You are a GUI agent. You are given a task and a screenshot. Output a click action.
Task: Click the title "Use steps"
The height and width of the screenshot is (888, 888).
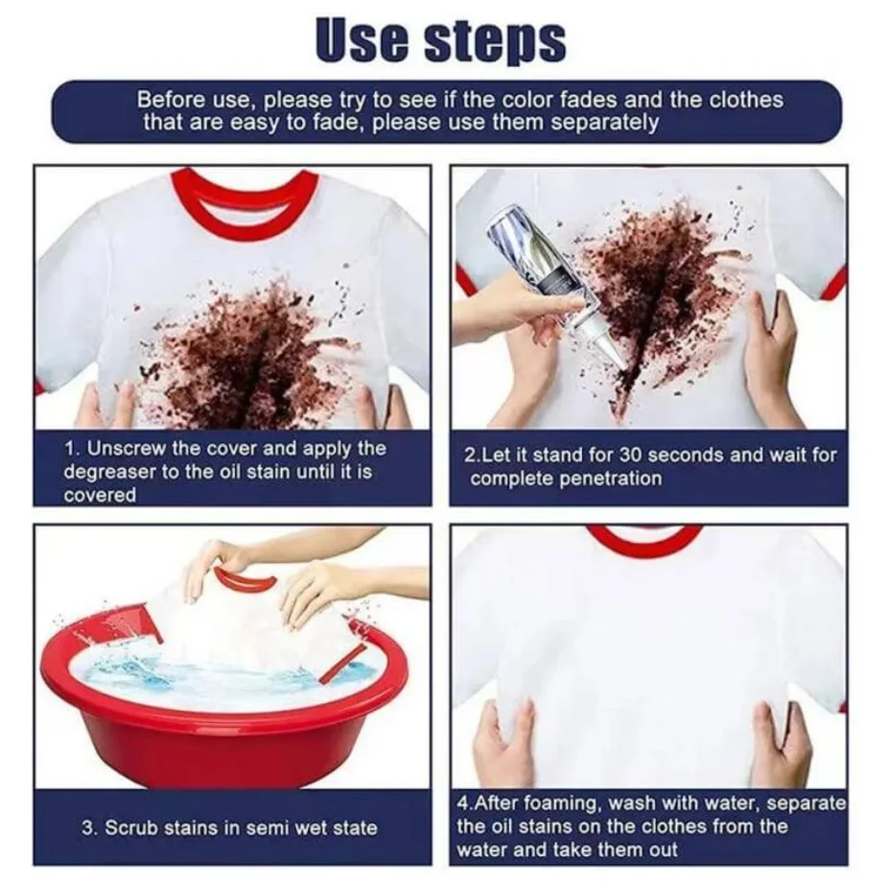coord(440,41)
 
